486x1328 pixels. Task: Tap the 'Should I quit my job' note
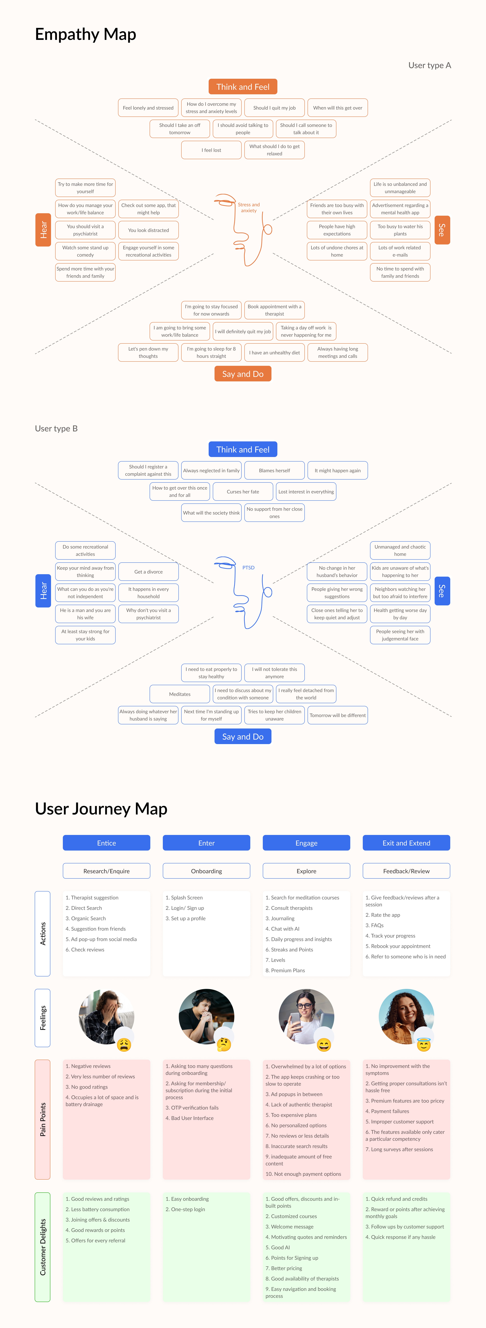pos(274,108)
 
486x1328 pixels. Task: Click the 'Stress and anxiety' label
pos(249,207)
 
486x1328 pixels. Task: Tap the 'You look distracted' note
pos(149,230)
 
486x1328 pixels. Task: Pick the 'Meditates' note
pos(179,694)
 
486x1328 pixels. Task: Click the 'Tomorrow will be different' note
pos(337,715)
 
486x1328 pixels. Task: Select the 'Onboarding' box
pos(206,871)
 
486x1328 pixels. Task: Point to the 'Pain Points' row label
pos(42,1119)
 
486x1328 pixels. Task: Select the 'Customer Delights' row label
pos(42,1247)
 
